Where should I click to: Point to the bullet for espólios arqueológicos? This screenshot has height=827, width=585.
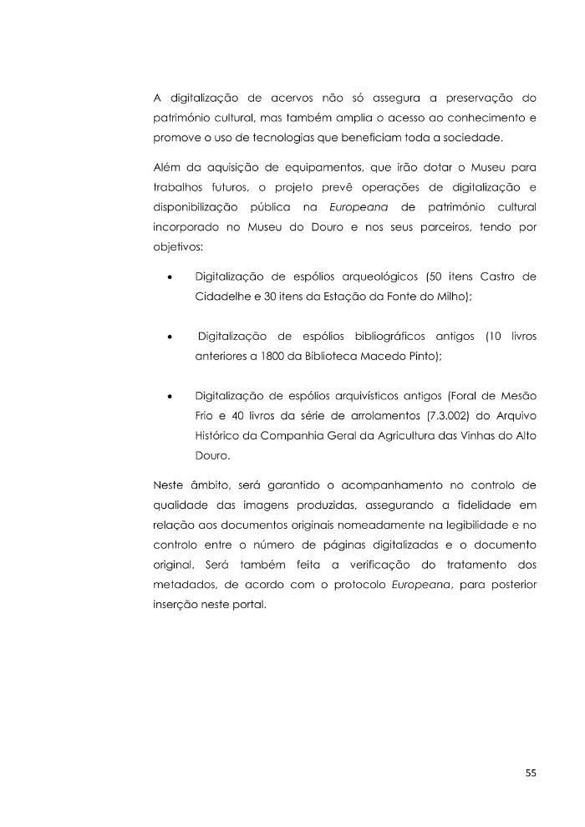(170, 277)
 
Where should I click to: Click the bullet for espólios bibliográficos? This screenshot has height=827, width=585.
(170, 337)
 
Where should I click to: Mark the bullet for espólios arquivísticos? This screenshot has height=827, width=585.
(170, 395)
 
